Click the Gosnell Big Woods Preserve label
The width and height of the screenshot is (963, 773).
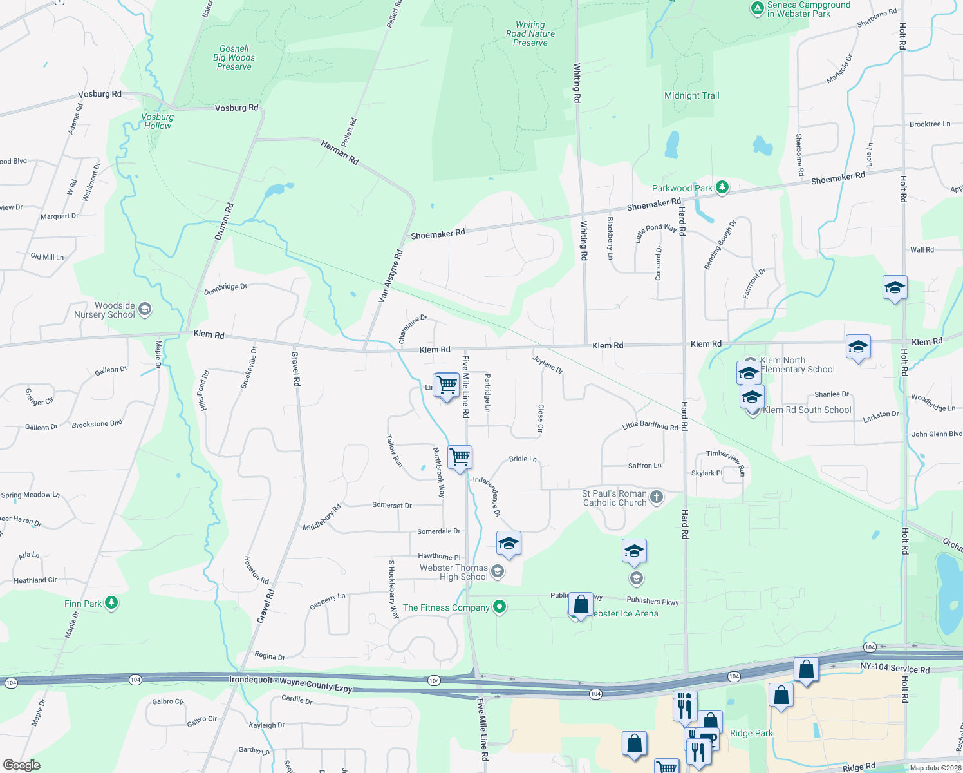tap(234, 57)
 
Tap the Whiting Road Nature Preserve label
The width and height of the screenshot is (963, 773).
tap(530, 34)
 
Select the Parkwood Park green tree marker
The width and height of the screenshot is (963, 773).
tap(722, 187)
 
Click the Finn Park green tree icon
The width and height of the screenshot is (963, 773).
tap(112, 603)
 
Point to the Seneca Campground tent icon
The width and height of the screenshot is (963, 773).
tap(758, 8)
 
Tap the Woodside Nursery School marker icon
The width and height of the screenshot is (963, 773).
tap(145, 310)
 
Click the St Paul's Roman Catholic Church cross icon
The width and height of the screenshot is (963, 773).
tap(657, 497)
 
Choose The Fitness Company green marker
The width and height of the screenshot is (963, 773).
tap(500, 607)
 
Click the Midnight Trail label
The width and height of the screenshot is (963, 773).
tap(692, 95)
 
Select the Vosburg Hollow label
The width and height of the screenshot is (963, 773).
tap(158, 121)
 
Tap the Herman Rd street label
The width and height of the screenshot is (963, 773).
tap(340, 153)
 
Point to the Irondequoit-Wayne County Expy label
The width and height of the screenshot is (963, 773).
tap(291, 683)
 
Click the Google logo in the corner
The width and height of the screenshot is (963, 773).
tap(21, 765)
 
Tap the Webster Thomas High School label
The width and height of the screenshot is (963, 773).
tap(454, 572)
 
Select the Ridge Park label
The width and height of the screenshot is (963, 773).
tap(751, 733)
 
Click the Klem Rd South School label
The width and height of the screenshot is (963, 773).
tap(807, 410)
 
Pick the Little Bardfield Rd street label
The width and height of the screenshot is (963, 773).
tap(650, 425)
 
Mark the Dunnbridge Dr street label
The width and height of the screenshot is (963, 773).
tap(225, 289)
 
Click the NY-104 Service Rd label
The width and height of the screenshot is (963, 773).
tap(895, 668)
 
